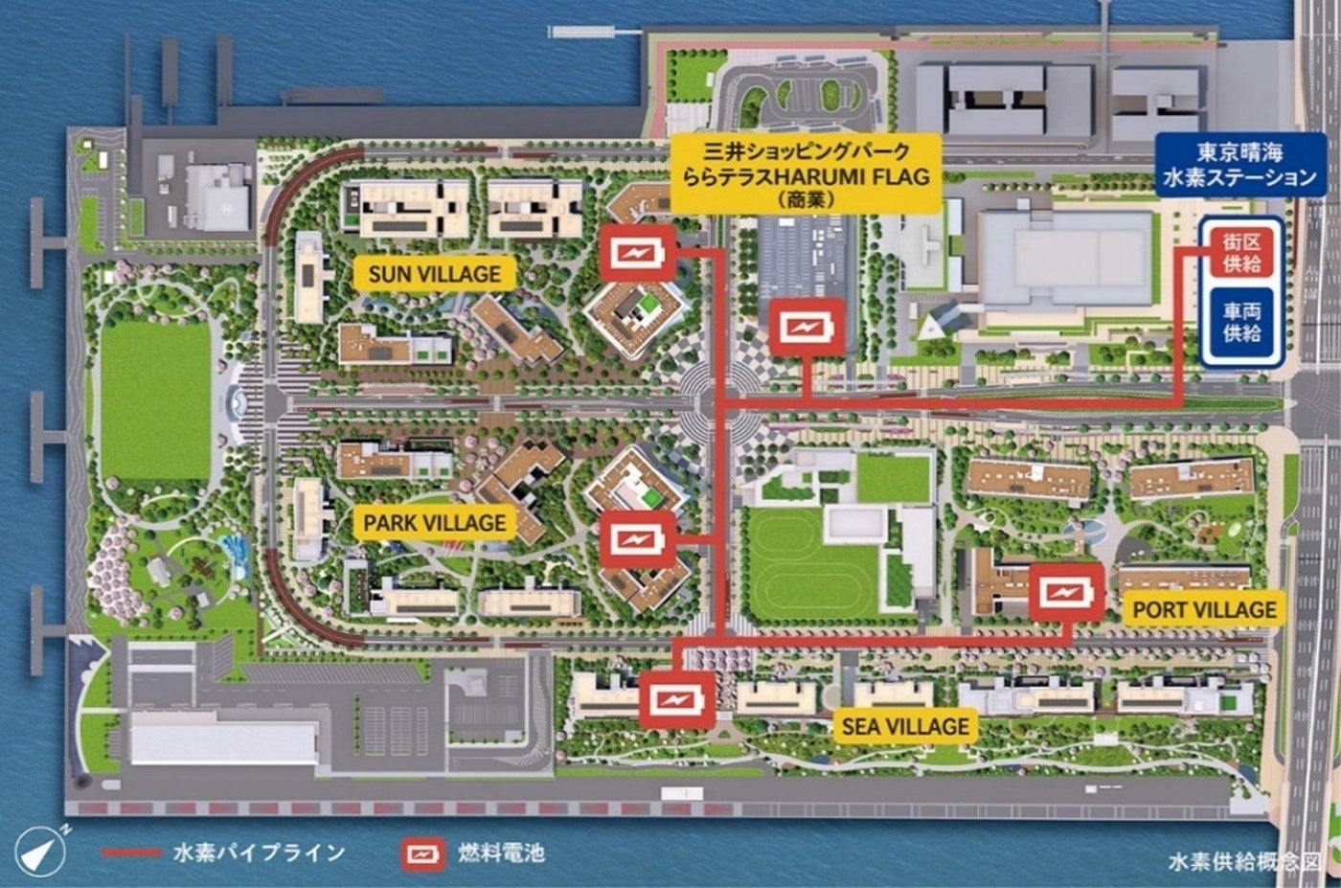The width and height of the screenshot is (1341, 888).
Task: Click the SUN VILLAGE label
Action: tap(434, 274)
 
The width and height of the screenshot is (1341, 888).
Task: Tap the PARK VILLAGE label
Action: tap(434, 523)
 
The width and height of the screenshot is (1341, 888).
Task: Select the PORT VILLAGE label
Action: tap(1204, 609)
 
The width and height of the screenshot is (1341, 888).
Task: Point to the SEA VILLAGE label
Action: tap(905, 726)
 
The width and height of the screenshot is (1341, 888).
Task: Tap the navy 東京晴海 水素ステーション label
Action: tap(1240, 165)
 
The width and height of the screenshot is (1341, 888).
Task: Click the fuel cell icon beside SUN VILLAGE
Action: tap(633, 254)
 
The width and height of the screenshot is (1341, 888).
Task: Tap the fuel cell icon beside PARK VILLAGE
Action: tap(633, 539)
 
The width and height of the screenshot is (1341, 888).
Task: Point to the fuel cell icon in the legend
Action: tap(424, 853)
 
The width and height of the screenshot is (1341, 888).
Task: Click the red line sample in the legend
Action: tap(130, 853)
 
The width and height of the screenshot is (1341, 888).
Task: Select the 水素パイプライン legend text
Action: tap(259, 853)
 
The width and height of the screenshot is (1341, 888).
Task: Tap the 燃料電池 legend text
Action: tap(502, 853)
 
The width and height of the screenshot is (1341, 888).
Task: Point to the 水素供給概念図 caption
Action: tap(1243, 860)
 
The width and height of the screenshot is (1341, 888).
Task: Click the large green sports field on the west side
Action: tap(155, 400)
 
